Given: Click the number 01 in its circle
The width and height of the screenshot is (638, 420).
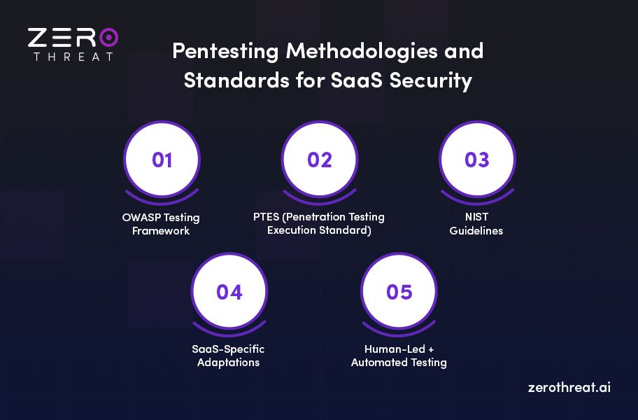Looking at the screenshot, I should [162, 160].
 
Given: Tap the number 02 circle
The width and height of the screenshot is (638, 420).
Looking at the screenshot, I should [319, 160].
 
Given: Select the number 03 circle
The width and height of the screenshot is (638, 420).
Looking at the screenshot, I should [476, 160].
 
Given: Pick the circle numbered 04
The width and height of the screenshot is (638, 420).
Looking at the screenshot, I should [229, 291].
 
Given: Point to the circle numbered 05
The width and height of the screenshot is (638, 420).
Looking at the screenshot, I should [399, 291].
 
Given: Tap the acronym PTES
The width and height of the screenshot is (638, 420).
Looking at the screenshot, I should [267, 217].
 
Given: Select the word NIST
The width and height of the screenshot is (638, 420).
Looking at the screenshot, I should [476, 217].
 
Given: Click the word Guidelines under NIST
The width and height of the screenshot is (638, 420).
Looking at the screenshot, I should [476, 230].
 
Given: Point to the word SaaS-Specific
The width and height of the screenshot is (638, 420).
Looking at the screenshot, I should [228, 349].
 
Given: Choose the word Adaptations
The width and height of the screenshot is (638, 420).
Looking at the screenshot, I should [228, 362].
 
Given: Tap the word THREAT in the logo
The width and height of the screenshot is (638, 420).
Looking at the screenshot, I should [73, 56].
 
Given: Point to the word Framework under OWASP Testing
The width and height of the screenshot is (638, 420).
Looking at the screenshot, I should [161, 230].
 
